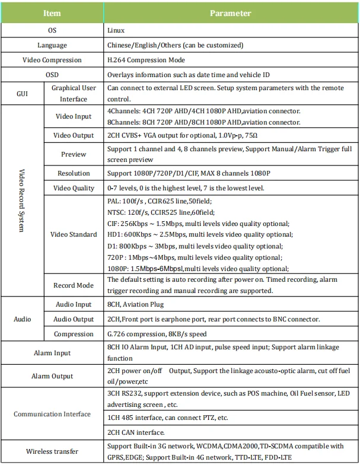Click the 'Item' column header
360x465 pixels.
tap(52, 13)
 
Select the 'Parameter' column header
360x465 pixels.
tap(231, 13)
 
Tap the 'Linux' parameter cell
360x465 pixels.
tap(116, 29)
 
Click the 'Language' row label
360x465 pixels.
tap(52, 45)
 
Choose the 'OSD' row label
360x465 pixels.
tap(52, 75)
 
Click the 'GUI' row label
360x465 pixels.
tap(22, 94)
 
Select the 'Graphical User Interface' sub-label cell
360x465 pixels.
tap(74, 94)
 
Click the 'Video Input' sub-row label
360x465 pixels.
tap(74, 116)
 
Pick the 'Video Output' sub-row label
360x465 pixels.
tap(74, 135)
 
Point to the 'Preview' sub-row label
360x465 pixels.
tap(74, 154)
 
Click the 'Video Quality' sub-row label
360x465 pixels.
tap(74, 188)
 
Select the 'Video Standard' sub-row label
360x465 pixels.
tap(74, 234)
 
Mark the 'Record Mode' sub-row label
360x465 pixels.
tap(74, 285)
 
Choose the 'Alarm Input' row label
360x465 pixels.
tap(52, 353)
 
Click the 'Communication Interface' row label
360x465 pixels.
tap(52, 414)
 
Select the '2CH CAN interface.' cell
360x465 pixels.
tap(136, 432)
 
